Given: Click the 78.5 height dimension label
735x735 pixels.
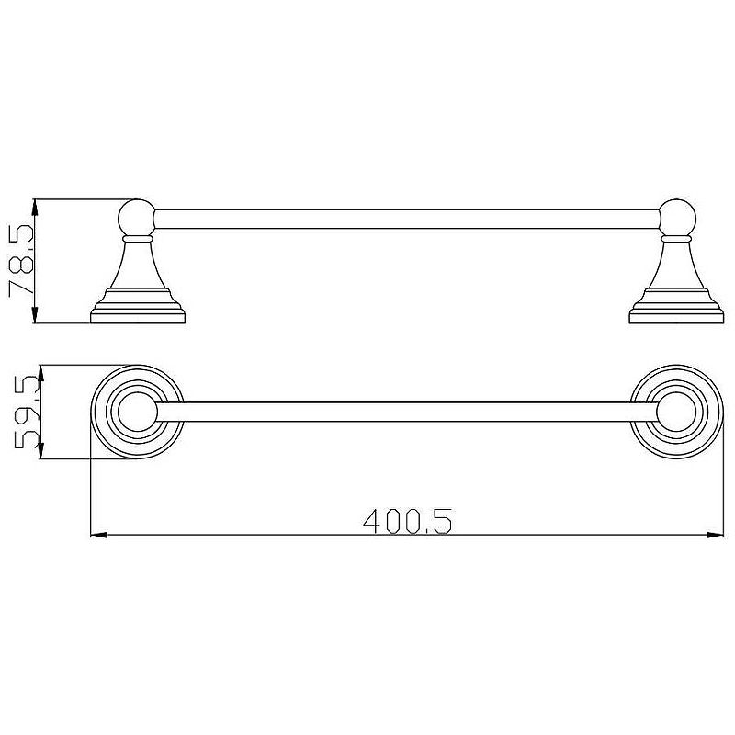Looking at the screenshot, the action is (x=21, y=261).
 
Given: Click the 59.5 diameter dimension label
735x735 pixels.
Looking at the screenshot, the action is (x=28, y=412).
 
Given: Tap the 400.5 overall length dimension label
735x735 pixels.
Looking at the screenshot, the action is (x=407, y=521).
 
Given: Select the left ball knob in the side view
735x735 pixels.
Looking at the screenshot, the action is (x=136, y=218).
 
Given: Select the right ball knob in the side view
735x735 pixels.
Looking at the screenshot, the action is (x=677, y=218).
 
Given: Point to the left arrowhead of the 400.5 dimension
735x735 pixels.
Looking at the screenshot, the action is (x=99, y=535).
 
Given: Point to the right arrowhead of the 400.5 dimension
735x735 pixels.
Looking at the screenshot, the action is (x=716, y=535).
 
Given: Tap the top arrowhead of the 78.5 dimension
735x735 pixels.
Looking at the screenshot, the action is (x=35, y=208).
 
